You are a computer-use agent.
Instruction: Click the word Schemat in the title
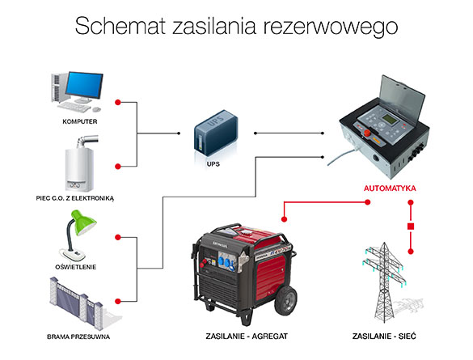coord(120,26)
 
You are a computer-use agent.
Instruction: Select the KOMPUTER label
coord(80,121)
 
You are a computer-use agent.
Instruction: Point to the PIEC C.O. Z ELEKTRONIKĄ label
coord(75,198)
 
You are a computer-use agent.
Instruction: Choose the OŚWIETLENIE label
coord(76,267)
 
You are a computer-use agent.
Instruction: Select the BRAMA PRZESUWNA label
coord(78,337)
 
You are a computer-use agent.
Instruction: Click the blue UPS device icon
coord(216,133)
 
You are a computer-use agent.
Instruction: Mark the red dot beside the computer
coord(118,103)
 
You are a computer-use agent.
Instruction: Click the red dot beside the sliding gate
coord(118,301)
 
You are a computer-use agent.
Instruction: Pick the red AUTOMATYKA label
coord(390,188)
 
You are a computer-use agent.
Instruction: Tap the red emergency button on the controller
coord(367,133)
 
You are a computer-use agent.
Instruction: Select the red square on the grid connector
coord(411,227)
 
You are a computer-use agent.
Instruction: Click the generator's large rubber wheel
coord(285,301)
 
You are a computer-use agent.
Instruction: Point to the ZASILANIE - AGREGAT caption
coord(247,337)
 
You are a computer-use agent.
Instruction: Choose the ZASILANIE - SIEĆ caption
coord(384,337)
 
